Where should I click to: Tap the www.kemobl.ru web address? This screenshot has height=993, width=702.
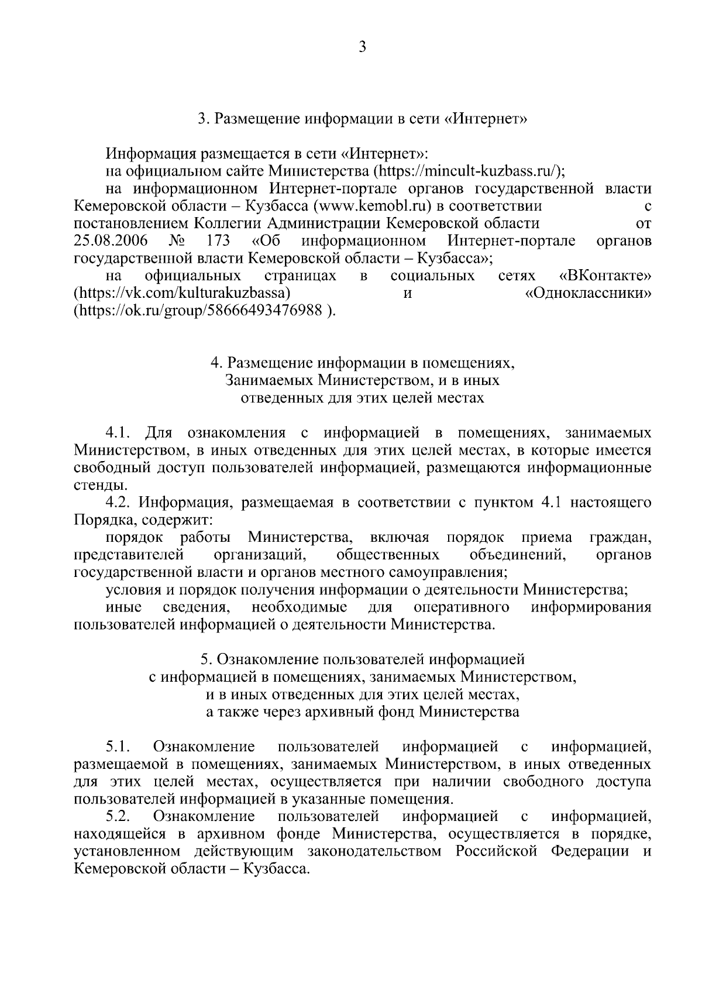click(x=374, y=206)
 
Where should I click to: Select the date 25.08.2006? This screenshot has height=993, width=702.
click(x=111, y=240)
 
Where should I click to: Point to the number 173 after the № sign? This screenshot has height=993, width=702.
click(x=218, y=240)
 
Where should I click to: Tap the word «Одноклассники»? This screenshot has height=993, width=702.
click(x=589, y=293)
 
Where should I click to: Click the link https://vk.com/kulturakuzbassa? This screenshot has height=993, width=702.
click(x=183, y=293)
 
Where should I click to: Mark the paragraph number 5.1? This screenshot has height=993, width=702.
click(x=117, y=747)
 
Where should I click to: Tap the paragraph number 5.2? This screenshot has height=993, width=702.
click(x=117, y=816)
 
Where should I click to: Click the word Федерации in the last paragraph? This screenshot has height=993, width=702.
click(x=591, y=850)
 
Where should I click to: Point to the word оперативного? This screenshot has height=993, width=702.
click(x=461, y=607)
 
